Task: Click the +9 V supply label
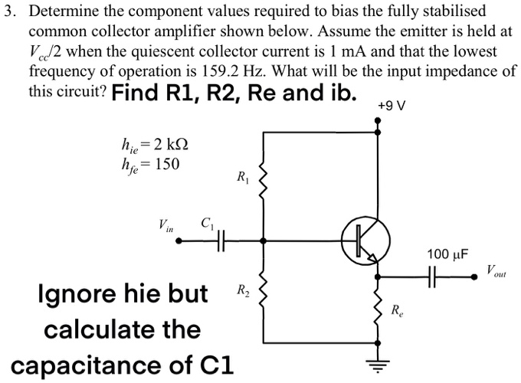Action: [392, 105]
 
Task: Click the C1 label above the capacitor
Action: [206, 224]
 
